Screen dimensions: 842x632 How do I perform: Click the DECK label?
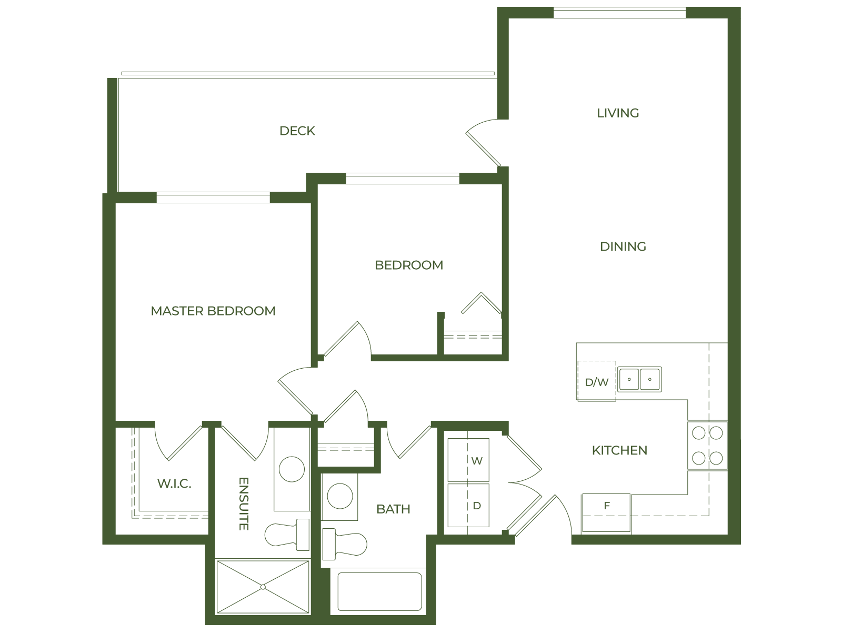[297, 131]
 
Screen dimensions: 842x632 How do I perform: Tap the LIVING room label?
[618, 113]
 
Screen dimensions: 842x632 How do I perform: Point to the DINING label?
[623, 246]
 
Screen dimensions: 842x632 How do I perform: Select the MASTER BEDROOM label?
[213, 311]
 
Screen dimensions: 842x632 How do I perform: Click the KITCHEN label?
[619, 450]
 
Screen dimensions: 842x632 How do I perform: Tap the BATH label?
[393, 509]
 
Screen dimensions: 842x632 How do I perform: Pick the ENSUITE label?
[243, 503]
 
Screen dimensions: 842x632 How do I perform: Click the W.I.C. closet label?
[174, 483]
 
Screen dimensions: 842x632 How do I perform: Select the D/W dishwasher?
[596, 381]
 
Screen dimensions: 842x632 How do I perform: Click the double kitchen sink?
[639, 379]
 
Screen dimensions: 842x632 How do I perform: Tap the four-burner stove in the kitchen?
[707, 446]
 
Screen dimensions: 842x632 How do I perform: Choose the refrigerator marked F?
[606, 513]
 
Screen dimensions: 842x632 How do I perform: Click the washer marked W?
[468, 460]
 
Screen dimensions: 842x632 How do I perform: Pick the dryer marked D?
[468, 506]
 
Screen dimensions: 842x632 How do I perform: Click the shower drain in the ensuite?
[262, 587]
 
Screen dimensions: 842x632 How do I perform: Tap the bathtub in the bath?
[379, 591]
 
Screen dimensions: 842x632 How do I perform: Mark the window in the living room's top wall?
[620, 12]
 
